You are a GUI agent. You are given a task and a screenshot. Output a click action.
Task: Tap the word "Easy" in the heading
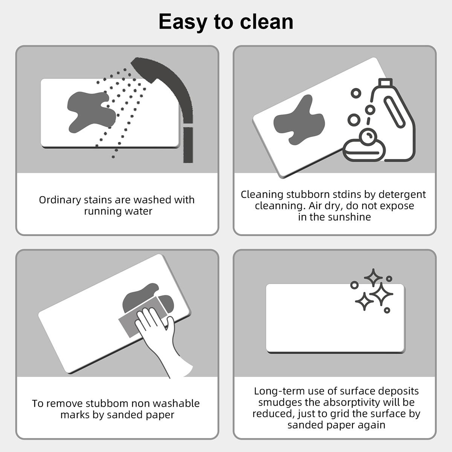point(183,21)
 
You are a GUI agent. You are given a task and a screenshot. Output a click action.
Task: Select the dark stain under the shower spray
point(89,111)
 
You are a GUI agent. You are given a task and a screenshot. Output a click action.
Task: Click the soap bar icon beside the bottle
point(363,150)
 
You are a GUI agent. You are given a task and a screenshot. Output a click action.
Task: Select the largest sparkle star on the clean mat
point(381,294)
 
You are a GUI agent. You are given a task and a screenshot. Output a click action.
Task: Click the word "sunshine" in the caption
point(349,217)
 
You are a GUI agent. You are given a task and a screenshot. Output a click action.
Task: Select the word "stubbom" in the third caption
point(107,403)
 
